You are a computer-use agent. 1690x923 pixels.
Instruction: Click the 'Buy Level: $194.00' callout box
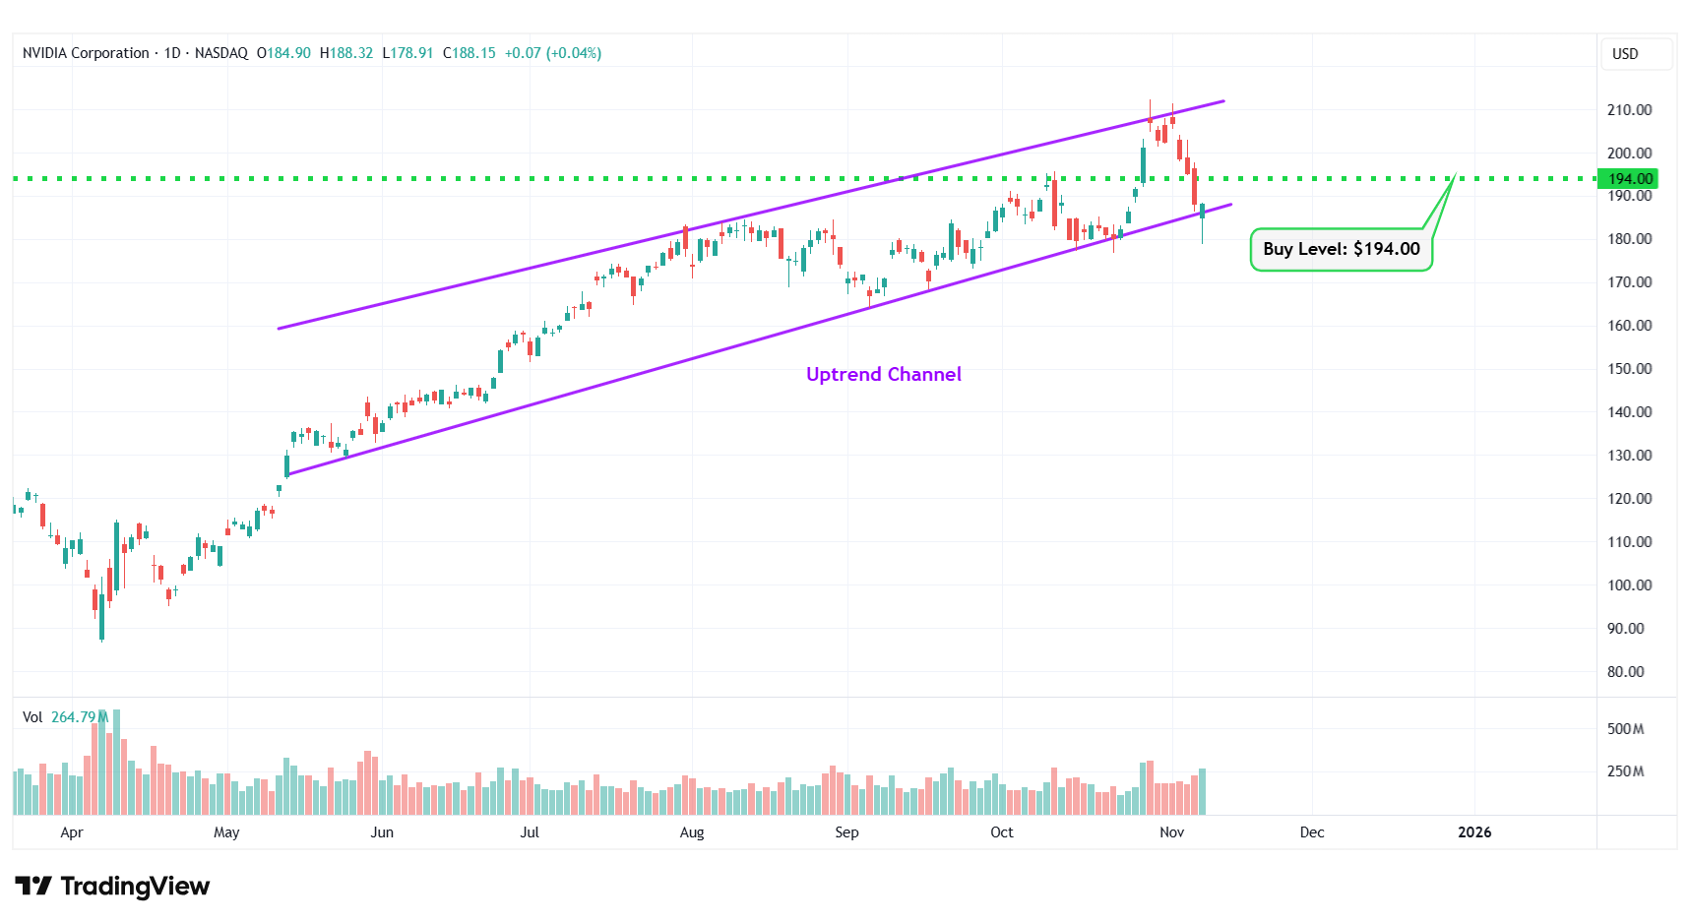click(1341, 249)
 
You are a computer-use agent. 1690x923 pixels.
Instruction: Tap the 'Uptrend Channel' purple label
click(883, 374)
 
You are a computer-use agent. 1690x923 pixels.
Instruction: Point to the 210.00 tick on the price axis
click(1629, 110)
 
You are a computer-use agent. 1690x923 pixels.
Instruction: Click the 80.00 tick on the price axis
click(1625, 672)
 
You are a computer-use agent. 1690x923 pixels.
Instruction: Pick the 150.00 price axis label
click(1629, 369)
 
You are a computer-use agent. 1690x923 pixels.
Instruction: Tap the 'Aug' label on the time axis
click(692, 832)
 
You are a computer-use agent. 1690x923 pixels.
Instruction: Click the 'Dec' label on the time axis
click(1311, 832)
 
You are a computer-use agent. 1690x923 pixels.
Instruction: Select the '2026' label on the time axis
click(1473, 832)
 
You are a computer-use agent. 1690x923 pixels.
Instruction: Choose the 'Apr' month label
click(72, 832)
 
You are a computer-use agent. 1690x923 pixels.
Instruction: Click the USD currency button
click(1625, 54)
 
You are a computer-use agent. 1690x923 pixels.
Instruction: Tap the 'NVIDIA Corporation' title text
click(86, 53)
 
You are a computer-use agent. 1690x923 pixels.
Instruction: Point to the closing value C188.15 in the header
click(469, 53)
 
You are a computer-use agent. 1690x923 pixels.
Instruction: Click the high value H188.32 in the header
click(346, 53)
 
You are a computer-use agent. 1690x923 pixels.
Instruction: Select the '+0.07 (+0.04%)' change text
click(552, 53)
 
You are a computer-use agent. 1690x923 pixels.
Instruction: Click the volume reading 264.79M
click(79, 717)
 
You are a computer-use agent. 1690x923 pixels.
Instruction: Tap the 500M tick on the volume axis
click(1625, 729)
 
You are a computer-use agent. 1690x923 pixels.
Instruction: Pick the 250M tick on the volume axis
click(1625, 771)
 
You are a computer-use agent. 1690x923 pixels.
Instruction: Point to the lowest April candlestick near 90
click(101, 615)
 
